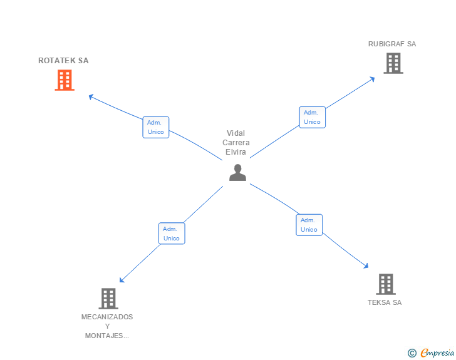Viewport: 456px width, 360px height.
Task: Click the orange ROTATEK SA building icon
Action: tap(65, 80)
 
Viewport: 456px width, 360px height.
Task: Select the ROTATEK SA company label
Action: tap(63, 61)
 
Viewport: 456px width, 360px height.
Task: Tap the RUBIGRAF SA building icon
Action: tap(393, 63)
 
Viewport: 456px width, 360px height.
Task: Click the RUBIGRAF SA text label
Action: tap(392, 44)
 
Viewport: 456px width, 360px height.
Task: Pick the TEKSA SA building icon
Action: tap(385, 284)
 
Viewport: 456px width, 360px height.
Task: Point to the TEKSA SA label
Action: tap(385, 302)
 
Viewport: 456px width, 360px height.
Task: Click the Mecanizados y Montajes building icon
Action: tap(108, 299)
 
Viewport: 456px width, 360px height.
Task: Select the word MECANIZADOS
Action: tap(107, 317)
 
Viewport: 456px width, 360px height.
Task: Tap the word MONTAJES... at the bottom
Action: tap(107, 336)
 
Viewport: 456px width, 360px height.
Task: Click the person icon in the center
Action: tap(237, 172)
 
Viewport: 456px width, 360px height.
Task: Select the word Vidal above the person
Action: tap(236, 133)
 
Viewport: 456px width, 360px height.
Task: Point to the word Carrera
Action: tap(236, 143)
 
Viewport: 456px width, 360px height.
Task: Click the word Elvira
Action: tap(236, 152)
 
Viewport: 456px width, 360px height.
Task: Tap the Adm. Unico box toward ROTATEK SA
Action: tap(155, 127)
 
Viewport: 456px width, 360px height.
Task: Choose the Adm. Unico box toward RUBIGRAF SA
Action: tap(312, 117)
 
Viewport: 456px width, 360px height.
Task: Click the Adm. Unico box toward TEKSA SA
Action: tap(309, 225)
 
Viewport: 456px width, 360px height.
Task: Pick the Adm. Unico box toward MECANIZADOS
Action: tap(172, 234)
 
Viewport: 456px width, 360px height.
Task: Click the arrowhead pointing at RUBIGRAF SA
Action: tap(372, 78)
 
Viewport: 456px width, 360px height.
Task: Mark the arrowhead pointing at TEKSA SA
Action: tap(366, 266)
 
